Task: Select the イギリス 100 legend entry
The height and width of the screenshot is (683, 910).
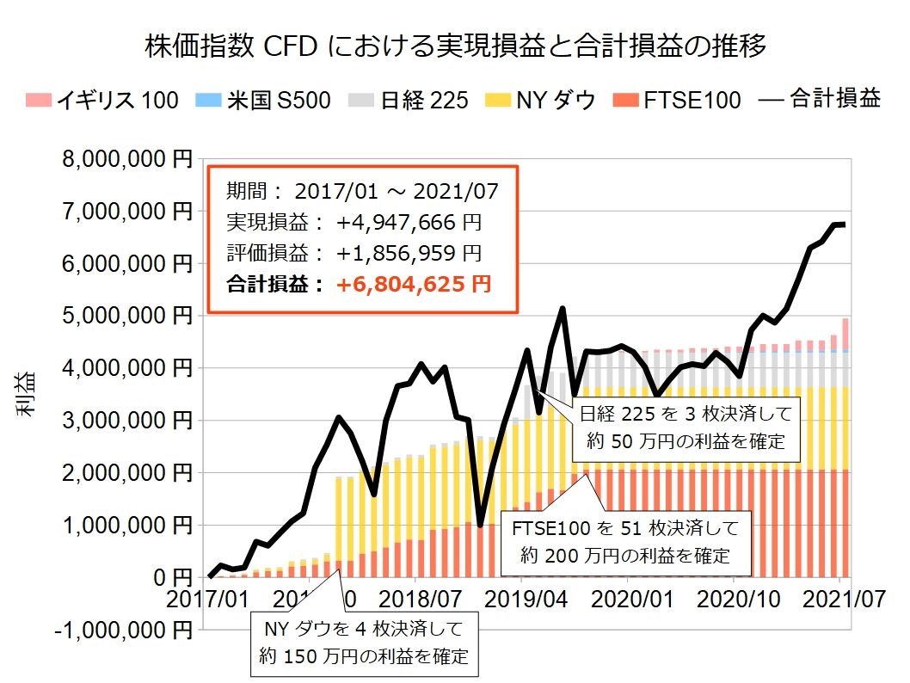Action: coord(103,100)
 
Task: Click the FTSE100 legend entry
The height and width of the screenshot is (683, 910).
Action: coord(675,100)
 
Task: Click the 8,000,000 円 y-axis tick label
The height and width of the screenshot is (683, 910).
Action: coord(126,159)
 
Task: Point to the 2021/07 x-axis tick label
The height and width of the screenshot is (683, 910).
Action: coord(842,600)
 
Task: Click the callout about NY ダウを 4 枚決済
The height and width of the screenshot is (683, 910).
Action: coord(364,642)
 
